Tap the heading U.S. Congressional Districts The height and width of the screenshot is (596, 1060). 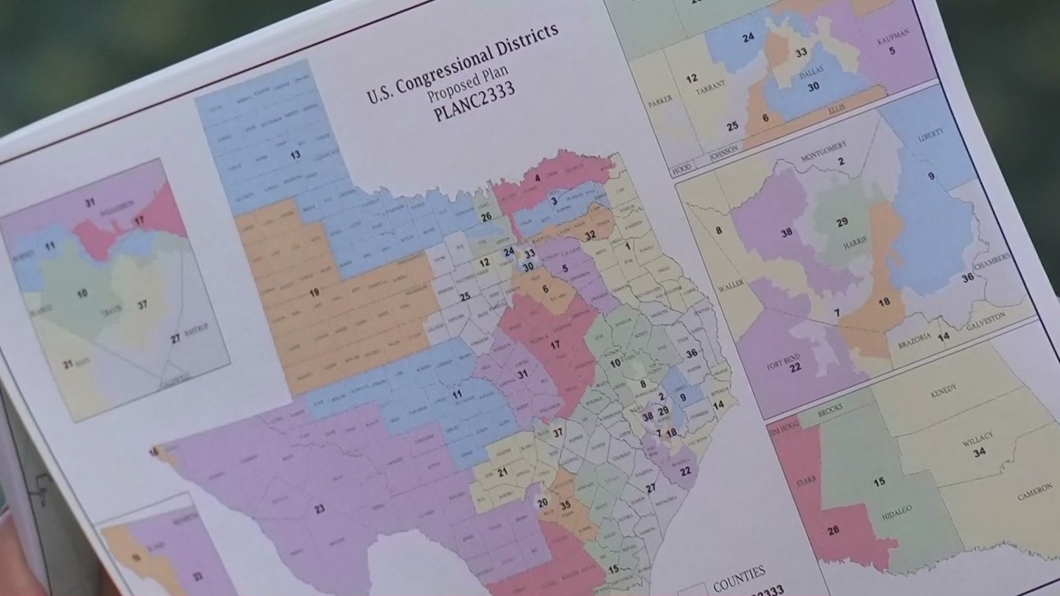pyautogui.click(x=462, y=63)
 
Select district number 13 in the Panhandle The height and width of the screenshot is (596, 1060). pyautogui.click(x=295, y=155)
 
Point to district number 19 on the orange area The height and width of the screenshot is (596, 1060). pyautogui.click(x=314, y=292)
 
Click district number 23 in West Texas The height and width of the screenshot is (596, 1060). pyautogui.click(x=320, y=508)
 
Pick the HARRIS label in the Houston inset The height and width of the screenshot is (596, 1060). pyautogui.click(x=854, y=244)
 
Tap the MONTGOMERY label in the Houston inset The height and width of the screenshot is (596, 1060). pyautogui.click(x=824, y=150)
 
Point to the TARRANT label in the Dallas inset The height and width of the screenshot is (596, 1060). pyautogui.click(x=709, y=88)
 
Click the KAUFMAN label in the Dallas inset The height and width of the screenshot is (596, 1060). pyautogui.click(x=892, y=36)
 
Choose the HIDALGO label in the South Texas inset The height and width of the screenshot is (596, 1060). pyautogui.click(x=896, y=513)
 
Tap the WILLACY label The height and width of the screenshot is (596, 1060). pyautogui.click(x=977, y=439)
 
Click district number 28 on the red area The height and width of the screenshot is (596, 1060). pyautogui.click(x=833, y=531)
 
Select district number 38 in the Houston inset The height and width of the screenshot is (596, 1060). pyautogui.click(x=786, y=232)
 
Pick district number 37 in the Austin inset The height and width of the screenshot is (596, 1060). pyautogui.click(x=142, y=305)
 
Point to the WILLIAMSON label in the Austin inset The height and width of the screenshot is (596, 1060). pyautogui.click(x=116, y=207)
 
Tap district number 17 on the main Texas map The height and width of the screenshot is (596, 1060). pyautogui.click(x=555, y=345)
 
